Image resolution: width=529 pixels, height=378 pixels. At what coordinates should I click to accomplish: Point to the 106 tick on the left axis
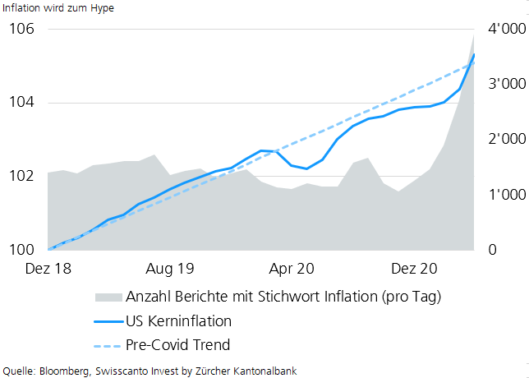(x=21, y=30)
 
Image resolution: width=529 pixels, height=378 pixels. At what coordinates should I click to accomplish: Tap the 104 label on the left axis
(x=21, y=103)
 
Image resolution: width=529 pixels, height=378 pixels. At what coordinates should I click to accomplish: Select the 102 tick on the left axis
(x=21, y=176)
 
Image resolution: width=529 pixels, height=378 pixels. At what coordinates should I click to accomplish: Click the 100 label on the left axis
(x=21, y=250)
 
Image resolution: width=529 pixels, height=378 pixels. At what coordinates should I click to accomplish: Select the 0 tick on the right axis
(x=491, y=250)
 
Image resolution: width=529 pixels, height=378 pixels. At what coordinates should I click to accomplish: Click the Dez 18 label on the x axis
(x=48, y=269)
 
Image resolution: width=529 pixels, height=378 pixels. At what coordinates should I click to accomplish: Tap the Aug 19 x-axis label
(x=170, y=269)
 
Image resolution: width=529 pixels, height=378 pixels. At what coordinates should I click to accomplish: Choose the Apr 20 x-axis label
(x=292, y=269)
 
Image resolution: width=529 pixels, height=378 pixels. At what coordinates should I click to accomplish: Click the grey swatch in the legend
(x=108, y=296)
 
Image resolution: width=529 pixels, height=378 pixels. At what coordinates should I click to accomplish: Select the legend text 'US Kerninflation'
(x=178, y=320)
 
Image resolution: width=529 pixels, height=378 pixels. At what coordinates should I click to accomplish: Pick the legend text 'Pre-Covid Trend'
(x=177, y=345)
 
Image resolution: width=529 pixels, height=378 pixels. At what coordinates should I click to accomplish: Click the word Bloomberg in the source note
(x=67, y=371)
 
